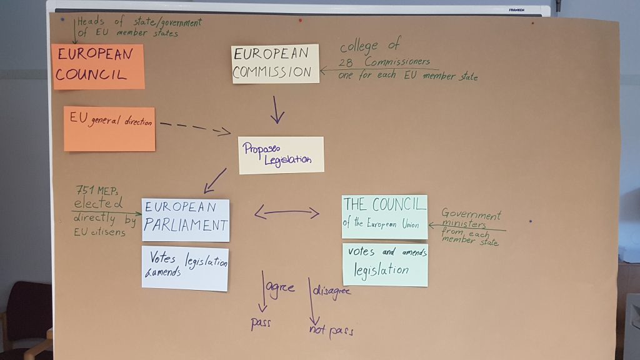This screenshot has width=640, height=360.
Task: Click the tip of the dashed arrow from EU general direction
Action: pos(231,132)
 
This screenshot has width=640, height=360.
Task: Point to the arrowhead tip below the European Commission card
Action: pos(277,123)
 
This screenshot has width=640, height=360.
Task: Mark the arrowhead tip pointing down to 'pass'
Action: pos(263,312)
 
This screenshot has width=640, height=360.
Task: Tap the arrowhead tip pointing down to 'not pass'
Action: pos(314,325)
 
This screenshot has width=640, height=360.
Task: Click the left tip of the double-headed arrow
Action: pos(255,212)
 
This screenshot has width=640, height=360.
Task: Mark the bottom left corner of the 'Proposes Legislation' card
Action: pos(239,174)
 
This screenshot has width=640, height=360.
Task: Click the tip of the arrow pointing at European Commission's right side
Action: pos(321,71)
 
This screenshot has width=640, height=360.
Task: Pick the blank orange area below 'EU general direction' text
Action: pos(109,139)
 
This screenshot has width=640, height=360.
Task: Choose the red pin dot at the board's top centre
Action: pos(301,20)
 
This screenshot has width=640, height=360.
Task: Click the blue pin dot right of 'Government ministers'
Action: pos(531,221)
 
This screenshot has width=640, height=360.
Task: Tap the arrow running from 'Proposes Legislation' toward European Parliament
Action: pos(215,181)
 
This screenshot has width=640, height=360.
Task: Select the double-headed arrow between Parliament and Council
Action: pos(287,212)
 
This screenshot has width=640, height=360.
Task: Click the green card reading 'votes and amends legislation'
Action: pos(385,264)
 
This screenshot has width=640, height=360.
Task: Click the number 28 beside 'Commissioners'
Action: pos(345,63)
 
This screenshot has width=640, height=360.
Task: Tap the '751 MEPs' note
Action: pos(97,190)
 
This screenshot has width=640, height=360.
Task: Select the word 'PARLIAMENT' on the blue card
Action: pos(186,225)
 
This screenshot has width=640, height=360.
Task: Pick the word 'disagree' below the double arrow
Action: pos(331,291)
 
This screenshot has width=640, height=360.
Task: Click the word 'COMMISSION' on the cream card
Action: pos(272,72)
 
